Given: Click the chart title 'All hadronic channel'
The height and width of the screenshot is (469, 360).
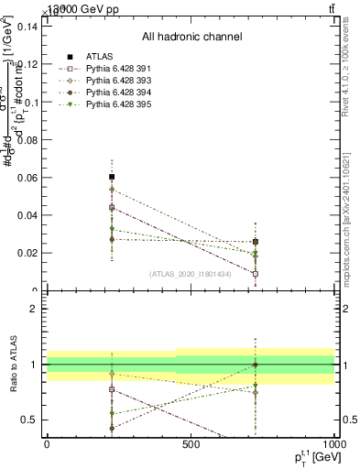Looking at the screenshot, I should (191, 38).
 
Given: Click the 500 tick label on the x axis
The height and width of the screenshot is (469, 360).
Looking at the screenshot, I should (191, 443).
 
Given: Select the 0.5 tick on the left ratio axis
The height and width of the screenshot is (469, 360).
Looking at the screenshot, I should (29, 420).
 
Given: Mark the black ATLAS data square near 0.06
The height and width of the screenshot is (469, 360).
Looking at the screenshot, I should (112, 177).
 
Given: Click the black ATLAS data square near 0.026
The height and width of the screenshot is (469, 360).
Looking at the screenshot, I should (256, 242).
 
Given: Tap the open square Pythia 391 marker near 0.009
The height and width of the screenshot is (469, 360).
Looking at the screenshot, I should (256, 273).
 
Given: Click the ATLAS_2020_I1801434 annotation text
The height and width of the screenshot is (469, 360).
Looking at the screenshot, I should (191, 273).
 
